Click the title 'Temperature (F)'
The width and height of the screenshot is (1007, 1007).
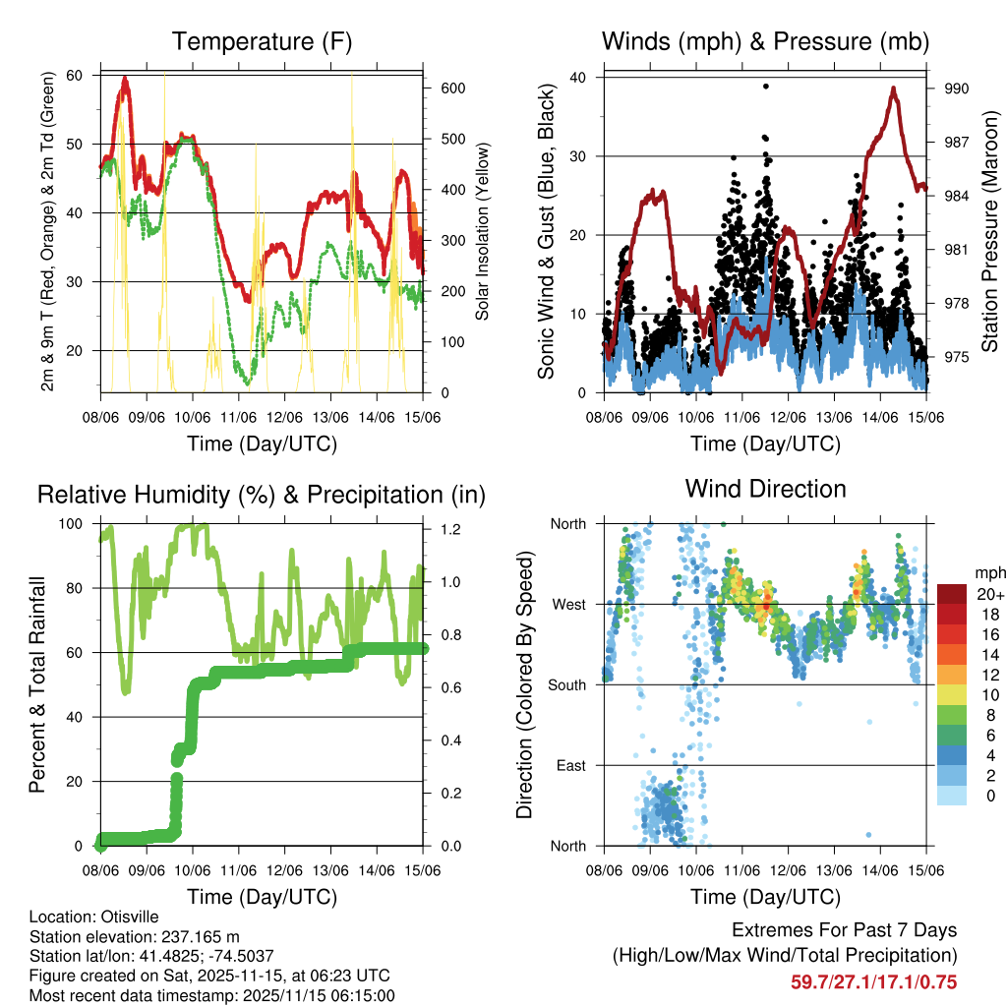pos(262,41)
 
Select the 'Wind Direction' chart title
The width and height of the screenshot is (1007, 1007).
pos(765,488)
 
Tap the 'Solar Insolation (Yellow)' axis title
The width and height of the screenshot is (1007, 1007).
pos(483,232)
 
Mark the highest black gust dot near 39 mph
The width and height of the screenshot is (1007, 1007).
pos(765,87)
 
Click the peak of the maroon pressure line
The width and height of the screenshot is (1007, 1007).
pos(893,89)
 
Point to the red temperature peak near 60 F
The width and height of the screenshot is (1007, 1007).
pos(125,78)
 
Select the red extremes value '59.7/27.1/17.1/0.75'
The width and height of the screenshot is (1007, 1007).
pos(873,981)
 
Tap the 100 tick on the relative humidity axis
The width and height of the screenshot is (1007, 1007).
pos(78,523)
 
